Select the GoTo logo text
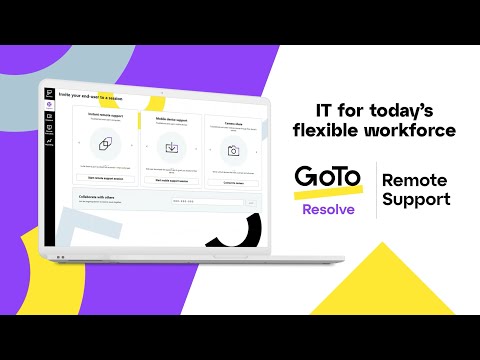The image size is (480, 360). [326, 177]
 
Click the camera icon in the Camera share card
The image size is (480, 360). [233, 150]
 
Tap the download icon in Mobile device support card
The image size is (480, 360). [171, 149]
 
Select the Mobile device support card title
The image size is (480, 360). [169, 117]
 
